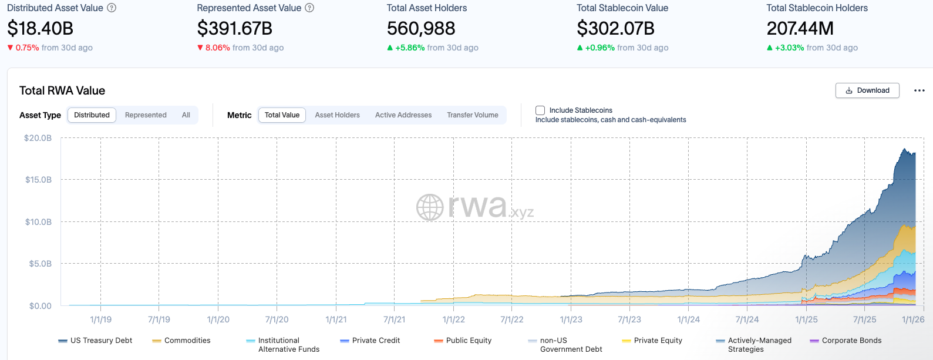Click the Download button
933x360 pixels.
click(x=867, y=90)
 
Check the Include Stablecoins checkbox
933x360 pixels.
click(x=540, y=110)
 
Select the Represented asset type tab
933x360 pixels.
click(x=146, y=115)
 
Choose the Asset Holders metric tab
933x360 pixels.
click(x=337, y=115)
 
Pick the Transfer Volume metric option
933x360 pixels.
click(x=472, y=115)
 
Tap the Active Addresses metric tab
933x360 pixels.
click(x=403, y=115)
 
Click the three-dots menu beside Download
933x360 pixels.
click(x=919, y=90)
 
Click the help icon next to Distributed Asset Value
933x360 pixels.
click(x=112, y=8)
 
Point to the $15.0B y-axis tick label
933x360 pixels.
click(x=38, y=180)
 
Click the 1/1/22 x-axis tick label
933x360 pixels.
click(x=453, y=319)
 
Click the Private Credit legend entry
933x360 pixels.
click(x=376, y=341)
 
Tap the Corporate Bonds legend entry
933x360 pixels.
click(x=851, y=341)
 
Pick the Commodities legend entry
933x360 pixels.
click(x=187, y=341)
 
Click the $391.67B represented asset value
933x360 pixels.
click(x=235, y=28)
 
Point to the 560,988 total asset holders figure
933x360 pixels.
click(x=421, y=28)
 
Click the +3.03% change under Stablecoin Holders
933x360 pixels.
click(x=789, y=48)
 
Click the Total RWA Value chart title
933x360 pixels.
click(x=62, y=90)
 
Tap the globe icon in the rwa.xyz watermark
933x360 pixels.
click(x=430, y=207)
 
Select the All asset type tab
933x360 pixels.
click(x=186, y=115)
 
